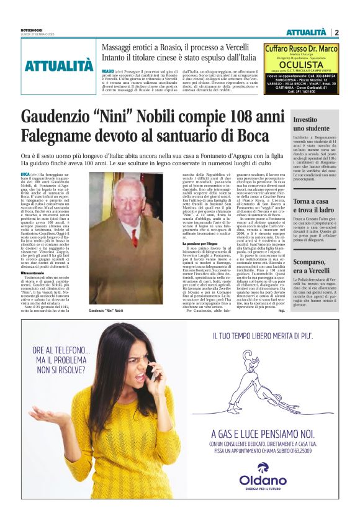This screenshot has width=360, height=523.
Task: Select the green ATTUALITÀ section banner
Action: tap(59, 65)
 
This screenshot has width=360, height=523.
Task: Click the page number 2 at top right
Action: tap(336, 32)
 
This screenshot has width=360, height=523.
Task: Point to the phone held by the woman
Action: tap(151, 371)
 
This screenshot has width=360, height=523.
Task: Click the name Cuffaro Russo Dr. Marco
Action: tap(302, 48)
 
